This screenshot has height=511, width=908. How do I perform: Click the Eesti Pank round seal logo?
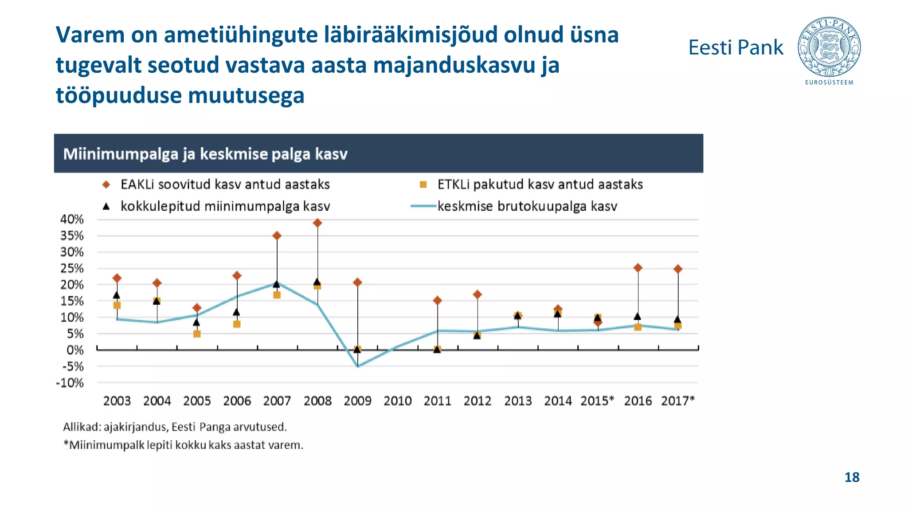coord(829,47)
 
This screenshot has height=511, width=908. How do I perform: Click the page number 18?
coord(852,477)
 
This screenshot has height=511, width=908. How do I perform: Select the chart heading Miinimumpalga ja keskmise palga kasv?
coord(205,154)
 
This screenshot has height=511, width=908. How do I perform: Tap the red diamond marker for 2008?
coord(317,223)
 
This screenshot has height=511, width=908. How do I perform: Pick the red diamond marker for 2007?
coord(277,236)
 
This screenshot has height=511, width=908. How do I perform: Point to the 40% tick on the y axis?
coord(72,219)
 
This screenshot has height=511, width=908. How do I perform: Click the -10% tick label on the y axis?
coord(70,383)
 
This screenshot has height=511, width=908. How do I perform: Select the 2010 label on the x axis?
coord(397,401)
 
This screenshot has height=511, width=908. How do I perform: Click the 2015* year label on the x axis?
coord(597,401)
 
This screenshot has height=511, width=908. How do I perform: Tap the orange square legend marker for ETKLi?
coord(423,185)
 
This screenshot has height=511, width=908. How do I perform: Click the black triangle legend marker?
coord(106,206)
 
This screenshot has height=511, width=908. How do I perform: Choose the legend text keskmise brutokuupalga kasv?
coord(527,206)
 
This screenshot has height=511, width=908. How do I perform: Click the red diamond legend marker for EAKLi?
coord(106,185)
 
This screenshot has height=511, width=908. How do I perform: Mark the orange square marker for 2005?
coord(197,334)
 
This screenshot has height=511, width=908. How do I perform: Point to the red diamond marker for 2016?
coord(638,267)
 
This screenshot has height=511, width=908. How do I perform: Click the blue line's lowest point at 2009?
coord(358,366)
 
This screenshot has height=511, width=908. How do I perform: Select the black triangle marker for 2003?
coord(117,295)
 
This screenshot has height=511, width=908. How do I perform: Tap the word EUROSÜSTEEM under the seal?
coord(829,83)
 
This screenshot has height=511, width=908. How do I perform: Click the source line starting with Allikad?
coord(175,427)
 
